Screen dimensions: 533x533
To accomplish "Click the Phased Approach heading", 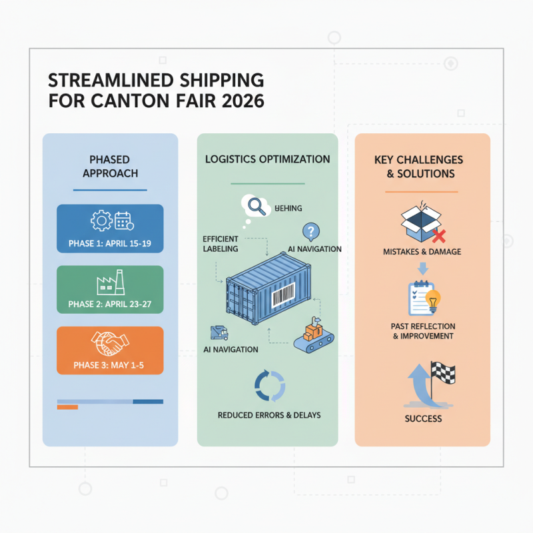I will pyautogui.click(x=110, y=167).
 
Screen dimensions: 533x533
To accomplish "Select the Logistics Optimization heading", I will pyautogui.click(x=267, y=160).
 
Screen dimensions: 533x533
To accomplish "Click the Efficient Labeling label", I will pyautogui.click(x=220, y=243).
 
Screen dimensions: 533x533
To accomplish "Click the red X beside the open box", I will pyautogui.click(x=438, y=235).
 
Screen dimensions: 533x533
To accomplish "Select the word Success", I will pyautogui.click(x=423, y=418).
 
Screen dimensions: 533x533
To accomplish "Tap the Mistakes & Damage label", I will pyautogui.click(x=422, y=252).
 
